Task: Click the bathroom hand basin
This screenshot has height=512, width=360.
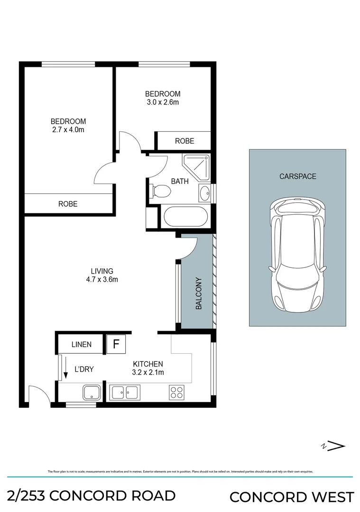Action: pos(205,193)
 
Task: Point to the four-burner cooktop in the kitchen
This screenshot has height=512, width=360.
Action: pos(176,393)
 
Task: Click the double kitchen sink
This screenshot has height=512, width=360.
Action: pos(124,393)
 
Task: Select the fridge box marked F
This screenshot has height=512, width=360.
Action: pos(115,344)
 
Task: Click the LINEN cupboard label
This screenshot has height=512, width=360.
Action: pos(81,345)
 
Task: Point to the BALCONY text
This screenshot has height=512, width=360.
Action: pos(199,294)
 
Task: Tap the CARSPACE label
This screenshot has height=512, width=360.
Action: pos(297,176)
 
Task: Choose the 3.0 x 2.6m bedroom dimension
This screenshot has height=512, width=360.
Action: pos(163,102)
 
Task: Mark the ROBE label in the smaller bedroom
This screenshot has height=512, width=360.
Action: pos(184,141)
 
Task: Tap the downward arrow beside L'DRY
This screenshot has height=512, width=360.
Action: pos(63,368)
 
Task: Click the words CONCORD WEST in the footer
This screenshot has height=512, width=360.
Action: pos(291,497)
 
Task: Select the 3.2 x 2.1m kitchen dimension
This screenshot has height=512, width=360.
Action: pos(148,372)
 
